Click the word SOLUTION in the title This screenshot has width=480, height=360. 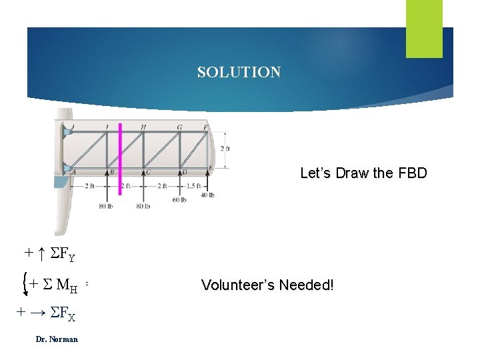tap(239, 72)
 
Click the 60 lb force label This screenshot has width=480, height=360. tap(179, 199)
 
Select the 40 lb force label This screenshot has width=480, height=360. tap(207, 195)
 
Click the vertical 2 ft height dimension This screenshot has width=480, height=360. tap(227, 149)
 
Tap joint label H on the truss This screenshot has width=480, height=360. tap(143, 127)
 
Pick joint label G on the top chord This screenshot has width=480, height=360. tap(179, 127)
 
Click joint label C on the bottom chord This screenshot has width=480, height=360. tap(148, 172)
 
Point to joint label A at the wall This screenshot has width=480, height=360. tap(73, 172)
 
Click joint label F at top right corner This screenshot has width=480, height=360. tap(205, 127)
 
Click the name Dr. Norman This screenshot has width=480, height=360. tap(57, 339)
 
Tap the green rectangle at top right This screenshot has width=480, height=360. tap(425, 29)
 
